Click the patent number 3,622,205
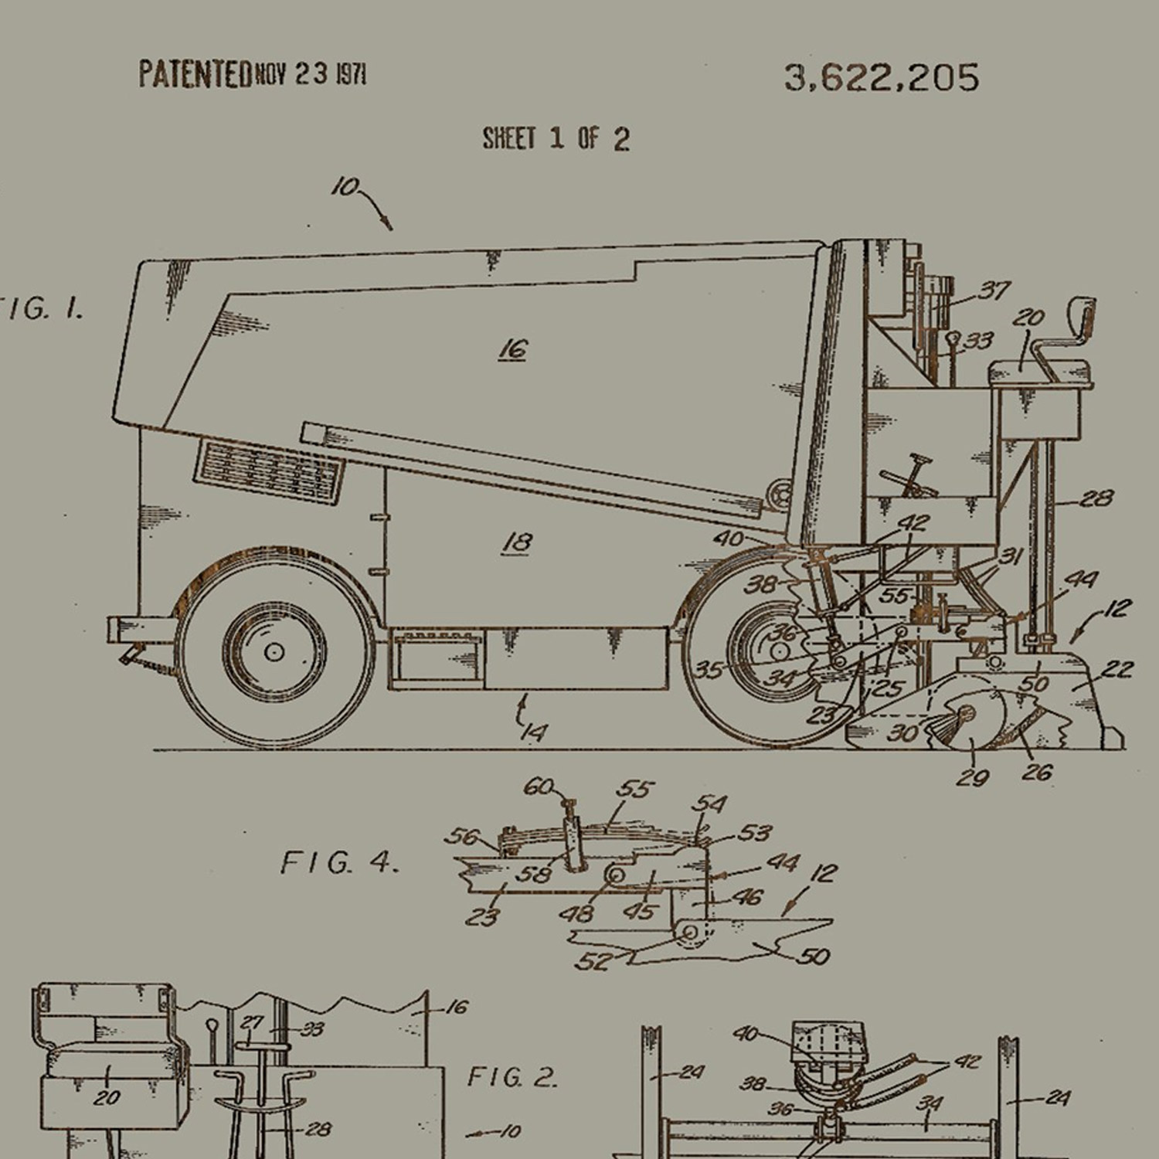[x=881, y=78]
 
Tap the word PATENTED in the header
[x=195, y=74]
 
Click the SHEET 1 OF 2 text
[x=556, y=139]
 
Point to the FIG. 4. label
[x=339, y=862]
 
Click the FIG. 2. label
[x=512, y=1077]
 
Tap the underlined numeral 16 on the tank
[x=512, y=349]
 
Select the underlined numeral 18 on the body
[x=517, y=542]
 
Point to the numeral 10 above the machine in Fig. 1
[x=345, y=187]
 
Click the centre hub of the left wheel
[x=274, y=651]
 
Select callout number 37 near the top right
[x=994, y=291]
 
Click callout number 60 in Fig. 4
[x=539, y=787]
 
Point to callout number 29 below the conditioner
[x=972, y=777]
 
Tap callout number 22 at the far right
[x=1117, y=669]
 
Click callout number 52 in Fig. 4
[x=593, y=961]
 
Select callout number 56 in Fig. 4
[x=462, y=837]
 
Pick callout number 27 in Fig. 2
[x=252, y=1022]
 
